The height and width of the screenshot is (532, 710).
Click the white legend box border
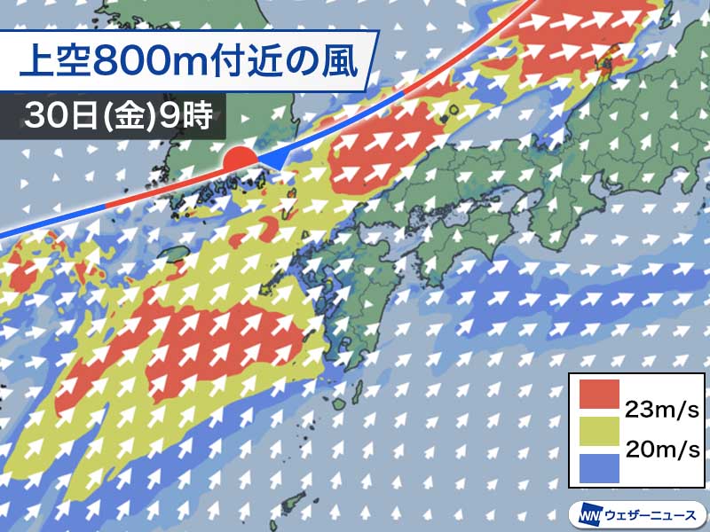[x=570, y=430]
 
